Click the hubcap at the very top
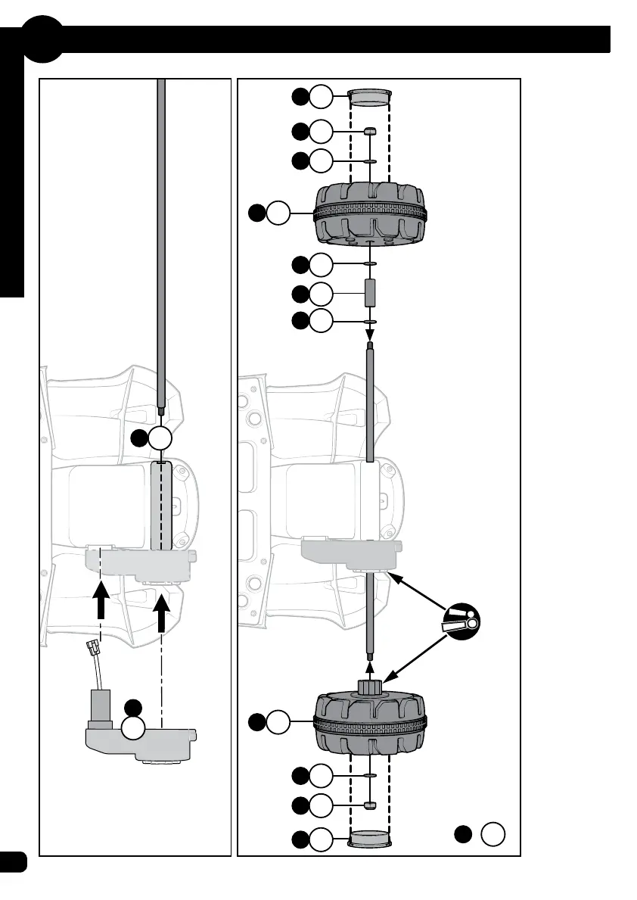point(369,96)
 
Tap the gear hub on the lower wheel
point(369,689)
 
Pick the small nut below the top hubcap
point(370,131)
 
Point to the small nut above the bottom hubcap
point(370,804)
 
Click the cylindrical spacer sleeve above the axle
point(370,293)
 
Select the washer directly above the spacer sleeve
point(370,264)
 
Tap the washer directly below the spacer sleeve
point(370,322)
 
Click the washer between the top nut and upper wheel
point(370,161)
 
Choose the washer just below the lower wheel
point(370,776)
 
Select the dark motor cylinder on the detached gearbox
point(101,705)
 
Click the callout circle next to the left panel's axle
point(162,438)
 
